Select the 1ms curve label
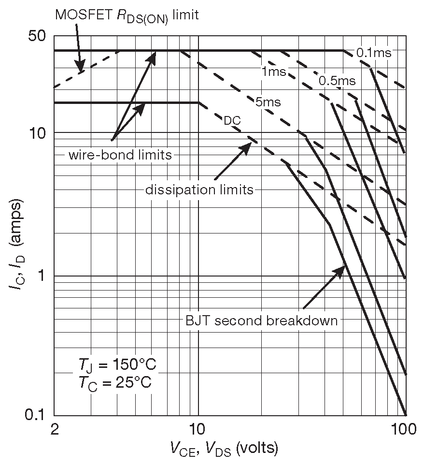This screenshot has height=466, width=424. [273, 72]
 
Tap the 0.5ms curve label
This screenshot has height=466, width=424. [337, 81]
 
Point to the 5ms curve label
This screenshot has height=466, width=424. [267, 102]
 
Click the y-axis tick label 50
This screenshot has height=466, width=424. [37, 37]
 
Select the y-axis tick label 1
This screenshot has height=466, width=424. [42, 276]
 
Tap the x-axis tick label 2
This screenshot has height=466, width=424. [54, 428]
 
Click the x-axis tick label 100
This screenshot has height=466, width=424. [404, 428]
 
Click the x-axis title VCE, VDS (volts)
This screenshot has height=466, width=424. [224, 450]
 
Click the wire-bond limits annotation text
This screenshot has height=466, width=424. [120, 155]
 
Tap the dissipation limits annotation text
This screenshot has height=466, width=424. [199, 189]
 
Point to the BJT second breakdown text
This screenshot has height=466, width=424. [261, 320]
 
